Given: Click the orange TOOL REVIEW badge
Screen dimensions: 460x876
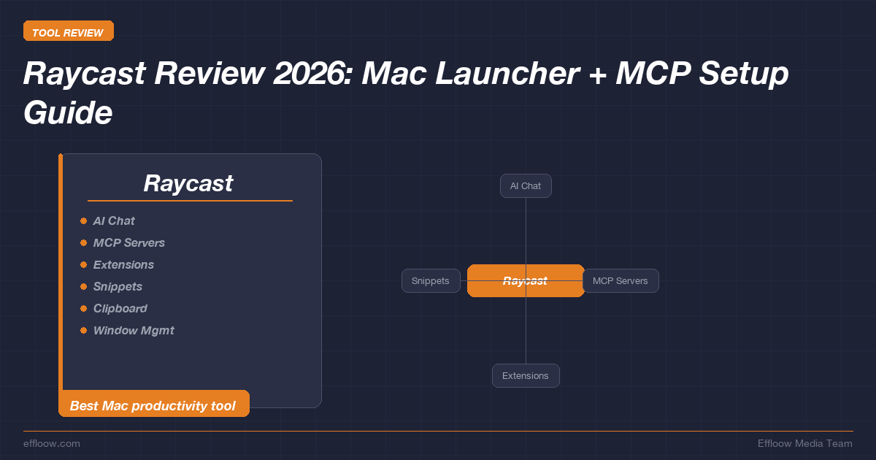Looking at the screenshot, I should click(x=68, y=32).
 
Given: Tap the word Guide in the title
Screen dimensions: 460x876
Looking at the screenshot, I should click(x=68, y=112).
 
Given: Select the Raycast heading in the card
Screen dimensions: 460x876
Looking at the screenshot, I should click(x=188, y=183).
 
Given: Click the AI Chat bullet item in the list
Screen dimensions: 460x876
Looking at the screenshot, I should click(x=114, y=221).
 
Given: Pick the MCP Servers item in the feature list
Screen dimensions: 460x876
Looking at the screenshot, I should click(x=129, y=242).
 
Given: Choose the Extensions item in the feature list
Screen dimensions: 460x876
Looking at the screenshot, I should click(x=123, y=264).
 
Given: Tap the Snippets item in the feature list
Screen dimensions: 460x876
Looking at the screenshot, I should click(x=118, y=286).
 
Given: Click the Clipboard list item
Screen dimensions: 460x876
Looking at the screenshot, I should click(x=120, y=308).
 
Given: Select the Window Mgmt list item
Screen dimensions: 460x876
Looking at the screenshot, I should click(x=134, y=330).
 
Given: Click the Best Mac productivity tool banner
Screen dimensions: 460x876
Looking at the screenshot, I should click(x=153, y=405).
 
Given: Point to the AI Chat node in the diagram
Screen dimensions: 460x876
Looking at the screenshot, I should click(x=526, y=186).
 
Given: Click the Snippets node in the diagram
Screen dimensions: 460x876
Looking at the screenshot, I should click(x=431, y=281).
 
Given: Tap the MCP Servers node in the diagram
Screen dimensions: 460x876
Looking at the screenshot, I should click(x=620, y=281).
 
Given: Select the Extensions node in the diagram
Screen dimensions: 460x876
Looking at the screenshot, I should click(x=526, y=376).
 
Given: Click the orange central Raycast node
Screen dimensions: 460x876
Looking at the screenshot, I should click(x=526, y=281).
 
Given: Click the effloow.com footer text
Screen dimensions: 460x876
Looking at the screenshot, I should click(x=52, y=443).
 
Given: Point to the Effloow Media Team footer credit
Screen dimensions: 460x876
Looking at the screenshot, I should click(x=804, y=443).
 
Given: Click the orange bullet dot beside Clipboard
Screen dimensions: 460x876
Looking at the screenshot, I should click(x=83, y=308).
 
